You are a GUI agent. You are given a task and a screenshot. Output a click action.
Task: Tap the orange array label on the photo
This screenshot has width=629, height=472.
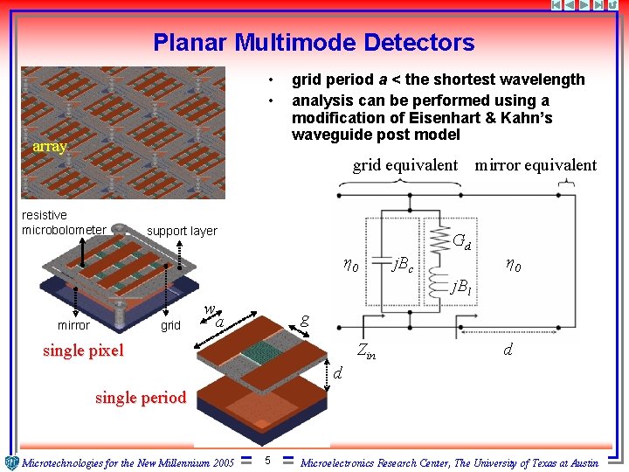49,147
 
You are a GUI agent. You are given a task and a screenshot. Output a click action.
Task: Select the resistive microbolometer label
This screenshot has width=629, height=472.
64,223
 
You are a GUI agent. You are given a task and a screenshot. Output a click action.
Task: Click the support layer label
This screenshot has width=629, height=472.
182,231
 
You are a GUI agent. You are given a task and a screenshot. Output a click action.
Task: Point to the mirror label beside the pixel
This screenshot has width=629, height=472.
73,325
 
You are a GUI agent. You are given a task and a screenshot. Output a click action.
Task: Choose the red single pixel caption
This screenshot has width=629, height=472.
83,351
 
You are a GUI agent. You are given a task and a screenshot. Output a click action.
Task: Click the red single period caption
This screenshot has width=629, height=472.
140,398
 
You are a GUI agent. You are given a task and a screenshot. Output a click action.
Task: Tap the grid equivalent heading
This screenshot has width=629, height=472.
404,165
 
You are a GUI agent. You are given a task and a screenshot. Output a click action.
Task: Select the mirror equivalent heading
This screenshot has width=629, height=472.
535,165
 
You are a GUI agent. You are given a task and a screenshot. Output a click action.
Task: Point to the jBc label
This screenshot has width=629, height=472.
403,262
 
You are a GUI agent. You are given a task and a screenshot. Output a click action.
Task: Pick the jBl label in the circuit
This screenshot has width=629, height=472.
460,287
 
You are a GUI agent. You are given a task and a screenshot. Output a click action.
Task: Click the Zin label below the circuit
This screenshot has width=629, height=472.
367,351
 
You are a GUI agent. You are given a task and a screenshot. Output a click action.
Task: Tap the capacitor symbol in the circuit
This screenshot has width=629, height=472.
378,260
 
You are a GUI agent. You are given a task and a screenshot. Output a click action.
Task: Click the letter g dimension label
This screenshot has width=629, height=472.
303,320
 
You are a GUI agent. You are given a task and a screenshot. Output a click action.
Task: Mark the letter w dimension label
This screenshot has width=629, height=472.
209,309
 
